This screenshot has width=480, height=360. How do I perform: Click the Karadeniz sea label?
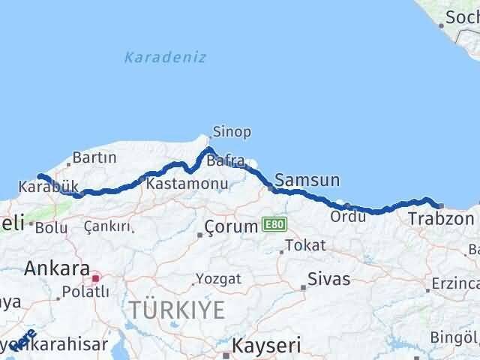point(165,57)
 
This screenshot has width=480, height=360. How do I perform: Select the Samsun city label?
point(307,180)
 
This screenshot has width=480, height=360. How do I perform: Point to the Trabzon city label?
point(441,219)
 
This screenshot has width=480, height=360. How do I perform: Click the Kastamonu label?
point(177,183)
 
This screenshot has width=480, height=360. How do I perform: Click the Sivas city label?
point(329,280)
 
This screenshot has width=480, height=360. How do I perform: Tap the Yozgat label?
point(218,279)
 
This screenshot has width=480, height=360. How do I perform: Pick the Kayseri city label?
point(266,346)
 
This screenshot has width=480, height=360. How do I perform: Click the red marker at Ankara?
point(95,278)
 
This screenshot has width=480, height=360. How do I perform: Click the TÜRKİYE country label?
point(176,309)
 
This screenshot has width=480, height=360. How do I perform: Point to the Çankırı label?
point(108,226)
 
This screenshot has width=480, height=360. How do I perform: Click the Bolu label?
point(52,228)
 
